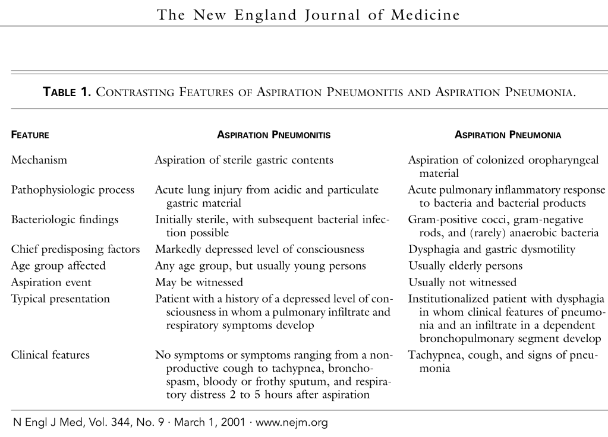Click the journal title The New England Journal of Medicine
[x=308, y=15]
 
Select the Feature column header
[x=30, y=135]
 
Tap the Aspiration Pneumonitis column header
[x=274, y=135]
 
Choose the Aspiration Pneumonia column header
[x=508, y=135]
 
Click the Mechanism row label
[x=39, y=160]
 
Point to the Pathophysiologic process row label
[x=73, y=190]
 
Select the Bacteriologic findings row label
[x=65, y=220]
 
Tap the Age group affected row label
[x=58, y=266]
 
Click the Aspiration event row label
[x=52, y=283]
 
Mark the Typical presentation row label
[x=61, y=299]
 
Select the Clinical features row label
[x=51, y=355]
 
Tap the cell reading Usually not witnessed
[x=462, y=283]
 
